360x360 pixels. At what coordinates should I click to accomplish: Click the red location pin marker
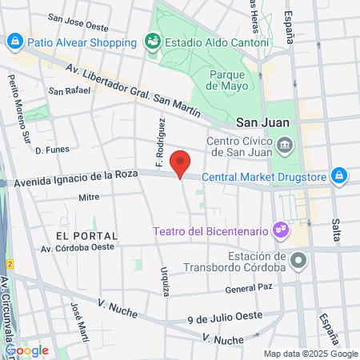click(181, 163)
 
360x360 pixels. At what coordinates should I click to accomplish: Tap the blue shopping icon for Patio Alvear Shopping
click(14, 41)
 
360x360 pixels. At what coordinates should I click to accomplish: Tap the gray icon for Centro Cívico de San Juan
click(286, 145)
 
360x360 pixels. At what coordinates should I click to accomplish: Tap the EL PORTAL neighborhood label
click(87, 236)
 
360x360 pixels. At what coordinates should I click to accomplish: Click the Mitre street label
click(88, 196)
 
